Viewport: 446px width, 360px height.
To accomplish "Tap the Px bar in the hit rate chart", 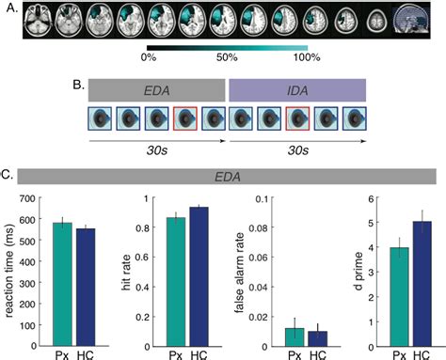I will pos(175,281).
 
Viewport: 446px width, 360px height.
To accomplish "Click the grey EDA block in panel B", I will pos(157,91).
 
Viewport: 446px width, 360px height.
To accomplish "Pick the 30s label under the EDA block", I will pos(156,155).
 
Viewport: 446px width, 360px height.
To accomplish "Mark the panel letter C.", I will pos(7,175).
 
